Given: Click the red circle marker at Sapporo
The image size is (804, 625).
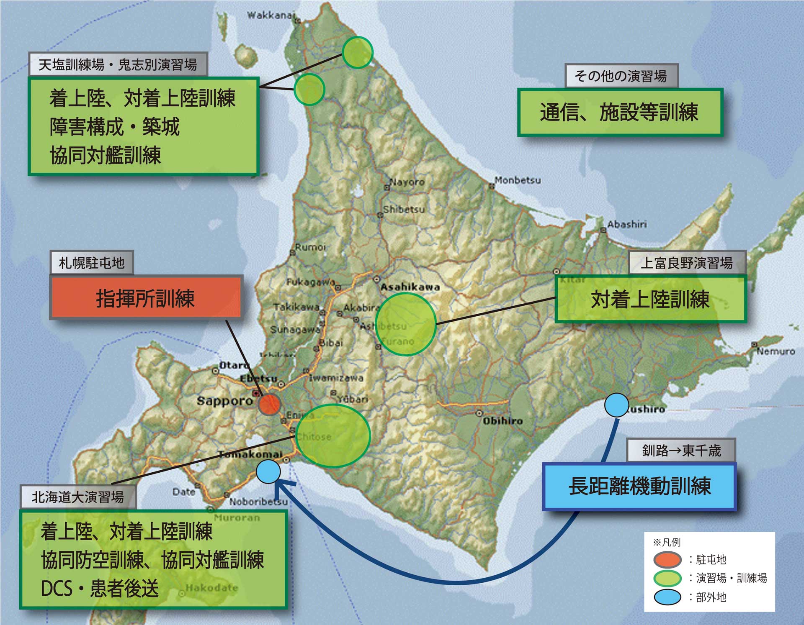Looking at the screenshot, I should pyautogui.click(x=269, y=404).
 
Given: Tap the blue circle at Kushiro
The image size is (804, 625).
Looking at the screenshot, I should pyautogui.click(x=616, y=405).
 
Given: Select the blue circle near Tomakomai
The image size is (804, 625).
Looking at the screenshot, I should pyautogui.click(x=268, y=471).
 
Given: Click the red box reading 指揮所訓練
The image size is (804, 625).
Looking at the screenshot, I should pyautogui.click(x=145, y=298).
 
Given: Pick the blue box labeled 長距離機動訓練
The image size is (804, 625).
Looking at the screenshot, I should pyautogui.click(x=639, y=487).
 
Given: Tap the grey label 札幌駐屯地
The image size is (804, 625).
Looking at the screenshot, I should pyautogui.click(x=92, y=263).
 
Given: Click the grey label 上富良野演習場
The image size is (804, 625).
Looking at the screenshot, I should pyautogui.click(x=687, y=263).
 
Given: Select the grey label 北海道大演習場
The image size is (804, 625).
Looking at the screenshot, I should pyautogui.click(x=78, y=497).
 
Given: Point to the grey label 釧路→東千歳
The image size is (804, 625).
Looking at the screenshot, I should pyautogui.click(x=681, y=450).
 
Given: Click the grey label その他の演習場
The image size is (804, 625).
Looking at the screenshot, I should pyautogui.click(x=621, y=76).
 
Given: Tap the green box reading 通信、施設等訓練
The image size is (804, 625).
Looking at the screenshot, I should pyautogui.click(x=620, y=112).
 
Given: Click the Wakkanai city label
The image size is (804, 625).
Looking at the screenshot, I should pyautogui.click(x=271, y=15).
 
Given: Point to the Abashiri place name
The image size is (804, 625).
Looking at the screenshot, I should pyautogui.click(x=627, y=225).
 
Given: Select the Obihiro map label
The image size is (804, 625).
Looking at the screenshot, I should pyautogui.click(x=503, y=420).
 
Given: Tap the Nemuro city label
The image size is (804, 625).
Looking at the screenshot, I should pyautogui.click(x=776, y=351).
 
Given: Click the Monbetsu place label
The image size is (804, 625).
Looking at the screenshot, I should pyautogui.click(x=518, y=180).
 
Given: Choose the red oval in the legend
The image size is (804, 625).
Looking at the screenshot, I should pyautogui.click(x=667, y=559).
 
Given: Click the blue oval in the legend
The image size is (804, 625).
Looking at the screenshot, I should pyautogui.click(x=667, y=597).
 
